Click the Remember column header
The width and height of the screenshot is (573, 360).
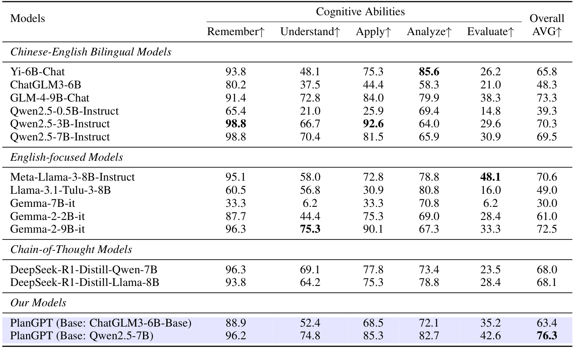tap(235, 32)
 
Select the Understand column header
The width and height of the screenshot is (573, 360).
tap(310, 32)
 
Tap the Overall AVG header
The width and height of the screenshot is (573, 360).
tap(547, 25)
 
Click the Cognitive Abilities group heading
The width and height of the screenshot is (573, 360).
tap(360, 12)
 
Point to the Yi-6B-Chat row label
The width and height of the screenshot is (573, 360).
tap(38, 72)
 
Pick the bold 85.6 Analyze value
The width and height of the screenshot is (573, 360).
tap(429, 72)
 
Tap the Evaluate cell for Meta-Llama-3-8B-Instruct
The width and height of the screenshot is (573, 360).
tap(490, 177)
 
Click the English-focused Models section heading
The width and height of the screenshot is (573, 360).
tap(66, 157)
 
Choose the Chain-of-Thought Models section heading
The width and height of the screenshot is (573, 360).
tap(71, 250)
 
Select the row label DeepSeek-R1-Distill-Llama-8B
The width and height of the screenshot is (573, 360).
tap(85, 282)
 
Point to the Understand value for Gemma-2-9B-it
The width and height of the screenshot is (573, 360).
tap(310, 229)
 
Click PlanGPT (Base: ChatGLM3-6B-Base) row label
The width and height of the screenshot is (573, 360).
tap(101, 323)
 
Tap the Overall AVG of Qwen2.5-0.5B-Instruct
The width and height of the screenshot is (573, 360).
tap(547, 111)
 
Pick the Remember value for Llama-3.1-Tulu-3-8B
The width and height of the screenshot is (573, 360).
tap(235, 190)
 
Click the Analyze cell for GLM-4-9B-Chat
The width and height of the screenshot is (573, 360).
tap(429, 98)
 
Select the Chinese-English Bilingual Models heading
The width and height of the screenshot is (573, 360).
tap(91, 52)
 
